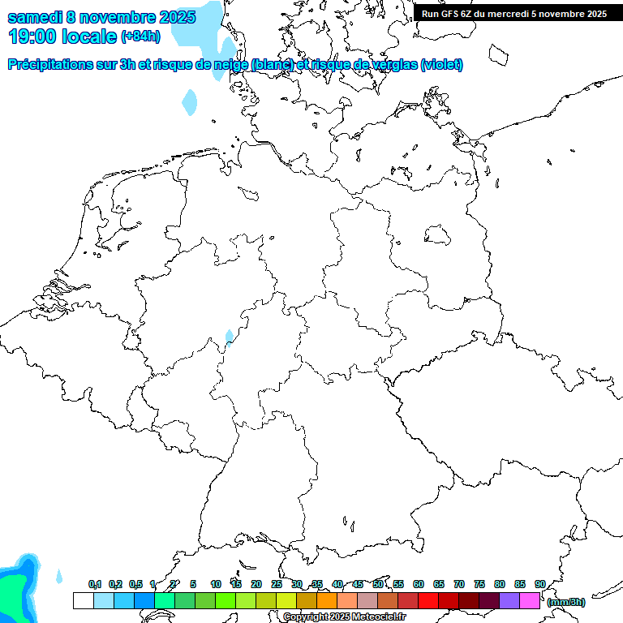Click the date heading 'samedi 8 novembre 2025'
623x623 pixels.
click(96, 17)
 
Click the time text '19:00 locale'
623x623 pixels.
click(62, 36)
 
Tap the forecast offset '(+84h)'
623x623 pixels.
click(140, 37)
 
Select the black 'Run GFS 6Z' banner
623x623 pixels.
click(514, 13)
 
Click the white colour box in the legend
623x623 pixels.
click(83, 601)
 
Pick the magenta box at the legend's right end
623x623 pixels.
click(530, 601)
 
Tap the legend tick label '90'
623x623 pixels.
click(539, 584)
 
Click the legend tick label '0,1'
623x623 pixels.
click(95, 584)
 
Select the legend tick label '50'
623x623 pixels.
click(378, 584)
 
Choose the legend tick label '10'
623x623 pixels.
click(216, 584)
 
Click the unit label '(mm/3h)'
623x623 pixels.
click(566, 603)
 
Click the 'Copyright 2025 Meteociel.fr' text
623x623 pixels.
click(343, 617)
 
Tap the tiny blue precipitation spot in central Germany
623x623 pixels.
click(230, 337)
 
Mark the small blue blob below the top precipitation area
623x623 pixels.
click(190, 102)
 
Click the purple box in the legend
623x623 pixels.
click(509, 601)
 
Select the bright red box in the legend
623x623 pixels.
click(428, 601)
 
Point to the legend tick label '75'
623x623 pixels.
click(479, 584)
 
